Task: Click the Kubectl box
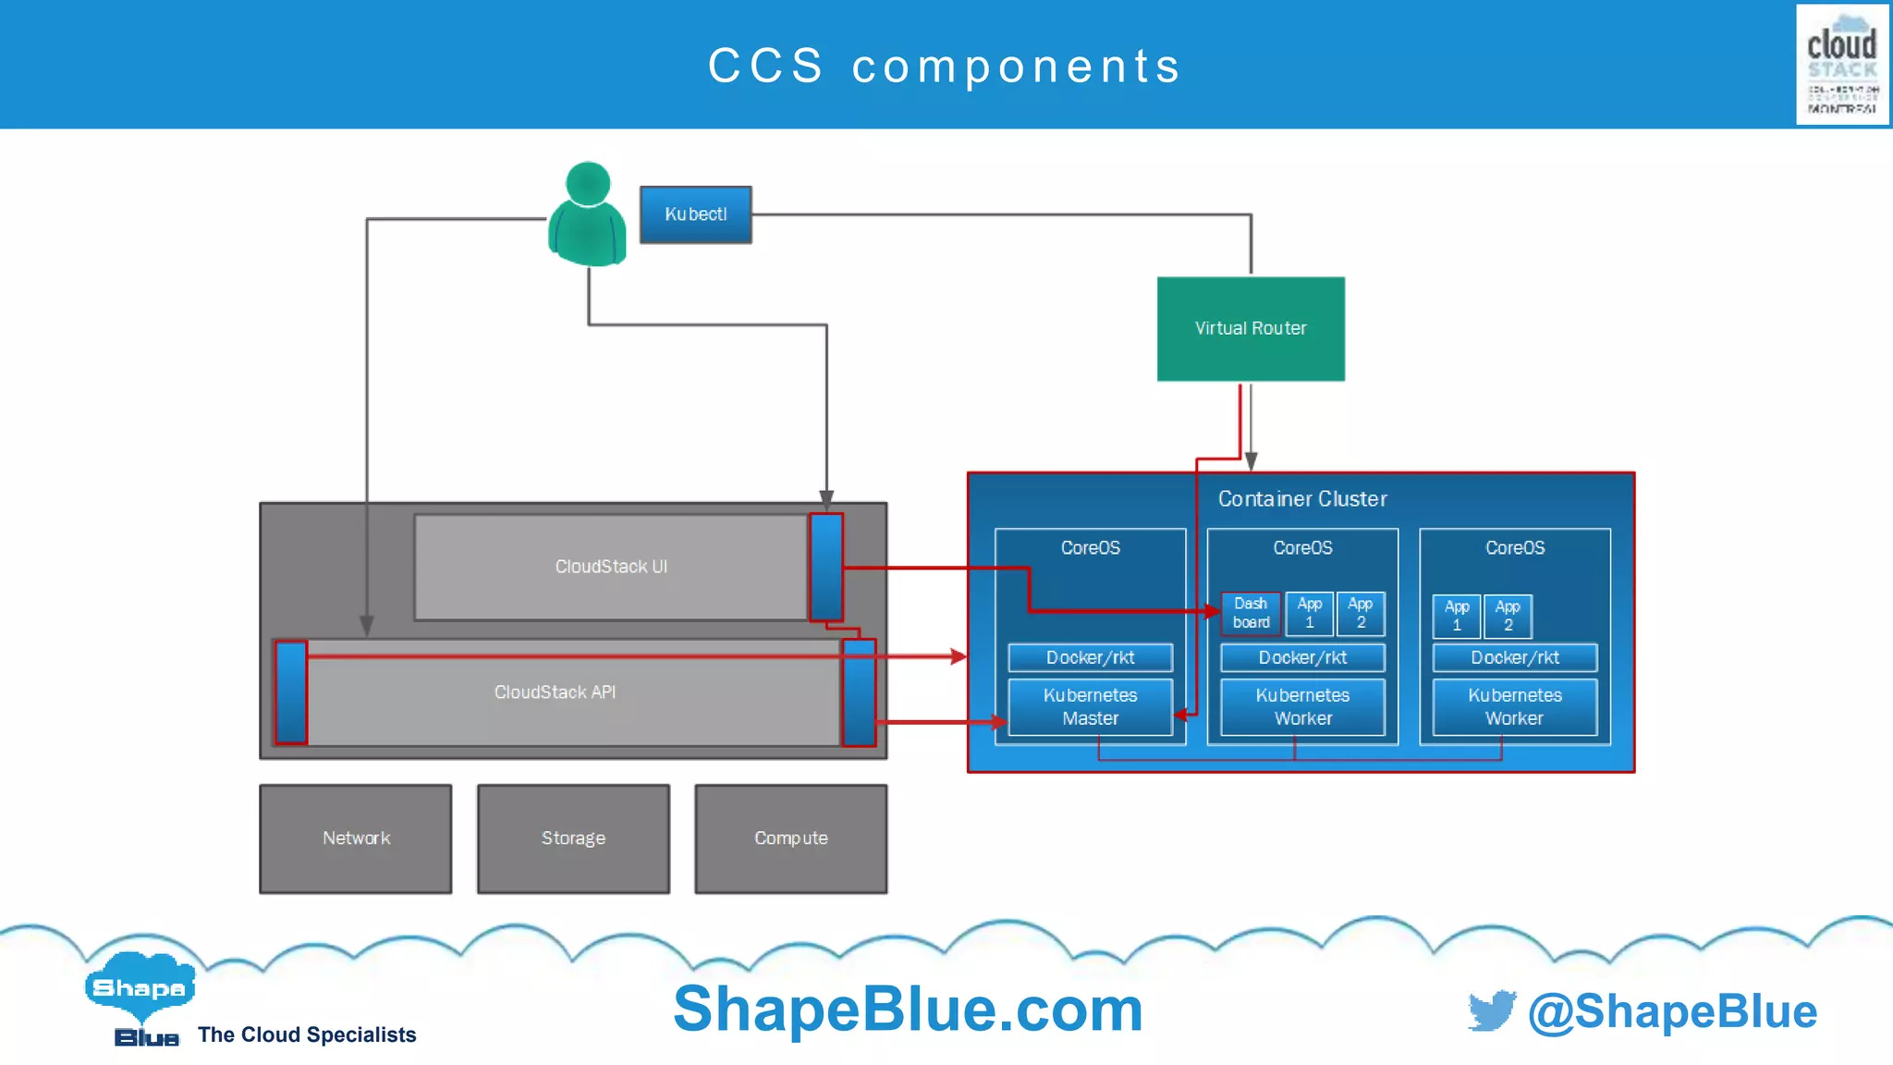[695, 214]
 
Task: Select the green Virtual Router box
[1251, 328]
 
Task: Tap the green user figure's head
[588, 183]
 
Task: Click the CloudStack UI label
[611, 567]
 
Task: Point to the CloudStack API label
[555, 692]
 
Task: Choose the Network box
[356, 839]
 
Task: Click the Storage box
[573, 839]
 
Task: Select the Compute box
[790, 839]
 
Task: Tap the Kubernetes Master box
[1090, 707]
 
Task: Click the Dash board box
[1251, 614]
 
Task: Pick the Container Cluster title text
[1301, 499]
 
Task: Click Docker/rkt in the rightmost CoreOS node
[1514, 657]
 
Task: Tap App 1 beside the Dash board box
[1309, 614]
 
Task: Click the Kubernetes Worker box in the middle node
[1302, 707]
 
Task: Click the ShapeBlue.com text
[908, 1009]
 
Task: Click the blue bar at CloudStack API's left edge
[291, 692]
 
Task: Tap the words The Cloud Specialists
[307, 1034]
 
